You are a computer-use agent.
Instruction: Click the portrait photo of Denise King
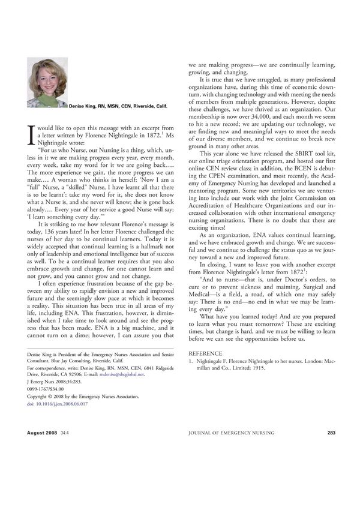tap(47, 82)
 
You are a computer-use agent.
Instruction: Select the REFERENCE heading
tap(205, 354)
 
